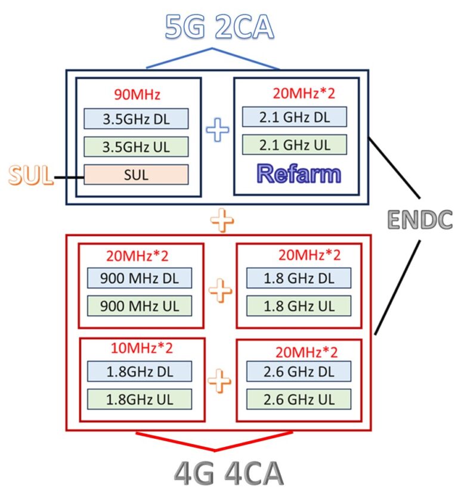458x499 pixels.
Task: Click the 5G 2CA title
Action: pyautogui.click(x=219, y=27)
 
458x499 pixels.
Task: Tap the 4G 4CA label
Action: pyautogui.click(x=229, y=474)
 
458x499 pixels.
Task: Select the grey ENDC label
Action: pyautogui.click(x=420, y=219)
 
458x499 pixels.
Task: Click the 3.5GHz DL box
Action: pyautogui.click(x=136, y=119)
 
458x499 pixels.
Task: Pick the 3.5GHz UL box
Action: pyautogui.click(x=136, y=147)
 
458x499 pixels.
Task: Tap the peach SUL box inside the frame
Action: pyautogui.click(x=136, y=175)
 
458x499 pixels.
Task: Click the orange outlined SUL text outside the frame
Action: pyautogui.click(x=30, y=175)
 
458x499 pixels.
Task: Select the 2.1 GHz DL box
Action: pyautogui.click(x=295, y=117)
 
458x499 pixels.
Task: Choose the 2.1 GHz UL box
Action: pyautogui.click(x=295, y=144)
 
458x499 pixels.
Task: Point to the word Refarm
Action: pyautogui.click(x=299, y=173)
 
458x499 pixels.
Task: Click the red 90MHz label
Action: pyautogui.click(x=137, y=95)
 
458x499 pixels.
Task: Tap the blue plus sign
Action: pyautogui.click(x=218, y=129)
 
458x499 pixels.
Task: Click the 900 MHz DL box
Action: pyautogui.click(x=140, y=278)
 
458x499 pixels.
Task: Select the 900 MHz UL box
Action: pyautogui.click(x=140, y=306)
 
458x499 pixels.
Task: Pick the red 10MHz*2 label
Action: pyautogui.click(x=141, y=348)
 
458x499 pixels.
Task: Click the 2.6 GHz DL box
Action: pyautogui.click(x=299, y=371)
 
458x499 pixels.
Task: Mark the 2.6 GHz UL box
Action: pyautogui.click(x=299, y=399)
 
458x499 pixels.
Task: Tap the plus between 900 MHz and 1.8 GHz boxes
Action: pyautogui.click(x=220, y=290)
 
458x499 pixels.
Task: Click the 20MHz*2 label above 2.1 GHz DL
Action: pyautogui.click(x=304, y=93)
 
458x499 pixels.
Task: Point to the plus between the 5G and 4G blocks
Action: pyautogui.click(x=222, y=220)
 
